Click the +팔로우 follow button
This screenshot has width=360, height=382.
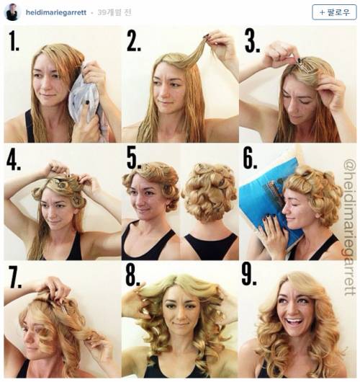(334, 12)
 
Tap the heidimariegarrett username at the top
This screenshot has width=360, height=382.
(56, 12)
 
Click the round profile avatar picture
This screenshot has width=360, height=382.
(12, 12)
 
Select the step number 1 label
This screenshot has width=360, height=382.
(14, 40)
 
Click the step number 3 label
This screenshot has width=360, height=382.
(252, 41)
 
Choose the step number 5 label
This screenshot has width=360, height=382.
(134, 159)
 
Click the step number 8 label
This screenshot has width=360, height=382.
(132, 275)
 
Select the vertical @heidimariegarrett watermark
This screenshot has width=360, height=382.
(350, 227)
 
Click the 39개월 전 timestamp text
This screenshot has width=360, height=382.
(114, 12)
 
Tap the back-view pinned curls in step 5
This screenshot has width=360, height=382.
(209, 190)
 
